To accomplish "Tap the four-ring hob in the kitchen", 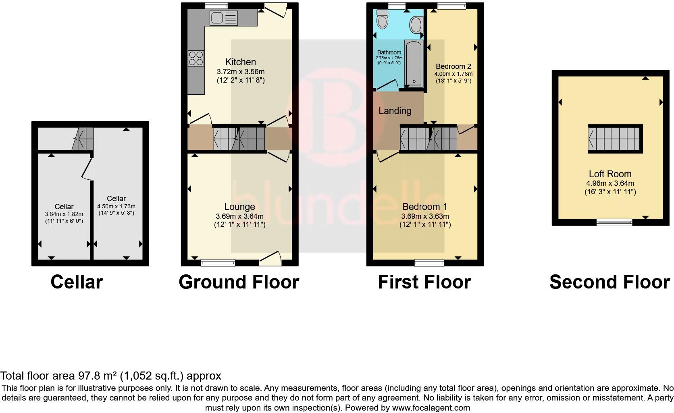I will (x=196, y=58).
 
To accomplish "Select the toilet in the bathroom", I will (x=381, y=18).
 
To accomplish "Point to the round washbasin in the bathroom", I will (x=415, y=25).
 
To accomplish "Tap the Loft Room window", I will (x=614, y=222).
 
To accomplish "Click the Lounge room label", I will (x=239, y=207).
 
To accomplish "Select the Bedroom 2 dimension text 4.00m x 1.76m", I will (x=453, y=74).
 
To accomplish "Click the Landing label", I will (x=395, y=111).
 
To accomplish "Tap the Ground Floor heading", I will (x=239, y=282).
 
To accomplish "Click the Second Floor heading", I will (x=609, y=282).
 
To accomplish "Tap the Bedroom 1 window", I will (x=429, y=263).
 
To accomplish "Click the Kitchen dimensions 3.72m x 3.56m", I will (x=240, y=72).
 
